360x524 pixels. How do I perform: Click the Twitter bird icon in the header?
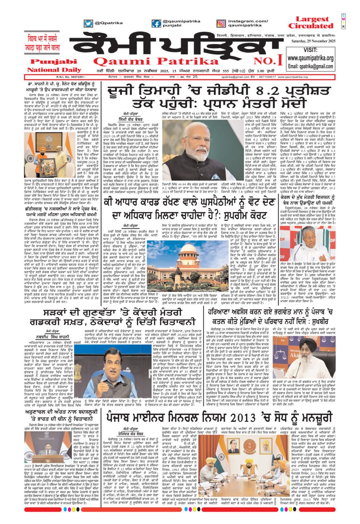pyautogui.click(x=88, y=24)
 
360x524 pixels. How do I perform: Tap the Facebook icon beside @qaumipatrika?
pyautogui.click(x=156, y=24)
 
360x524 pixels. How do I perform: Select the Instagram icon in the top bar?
pyautogui.click(x=221, y=24)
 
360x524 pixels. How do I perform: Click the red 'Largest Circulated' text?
pyautogui.click(x=310, y=23)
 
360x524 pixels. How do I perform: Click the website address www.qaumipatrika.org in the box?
pyautogui.click(x=310, y=58)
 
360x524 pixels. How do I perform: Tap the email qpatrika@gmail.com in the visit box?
pyautogui.click(x=310, y=66)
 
